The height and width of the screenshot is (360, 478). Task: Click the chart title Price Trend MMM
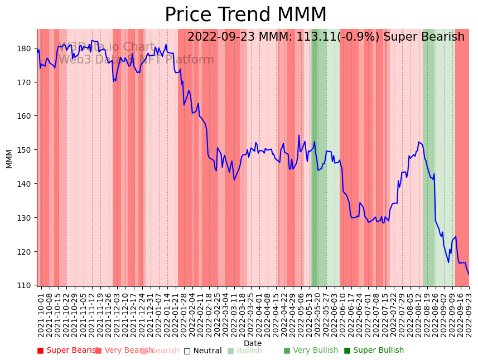(245, 15)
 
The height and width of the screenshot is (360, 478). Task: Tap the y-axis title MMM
(9, 158)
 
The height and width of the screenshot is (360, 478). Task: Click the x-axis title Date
(253, 343)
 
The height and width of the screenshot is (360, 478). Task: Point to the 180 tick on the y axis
(25, 48)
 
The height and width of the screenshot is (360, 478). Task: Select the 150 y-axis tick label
(25, 150)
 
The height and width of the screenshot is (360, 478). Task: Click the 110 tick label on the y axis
(25, 285)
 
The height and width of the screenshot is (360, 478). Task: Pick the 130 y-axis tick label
(25, 218)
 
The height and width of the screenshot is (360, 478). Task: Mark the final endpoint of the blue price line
(469, 274)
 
